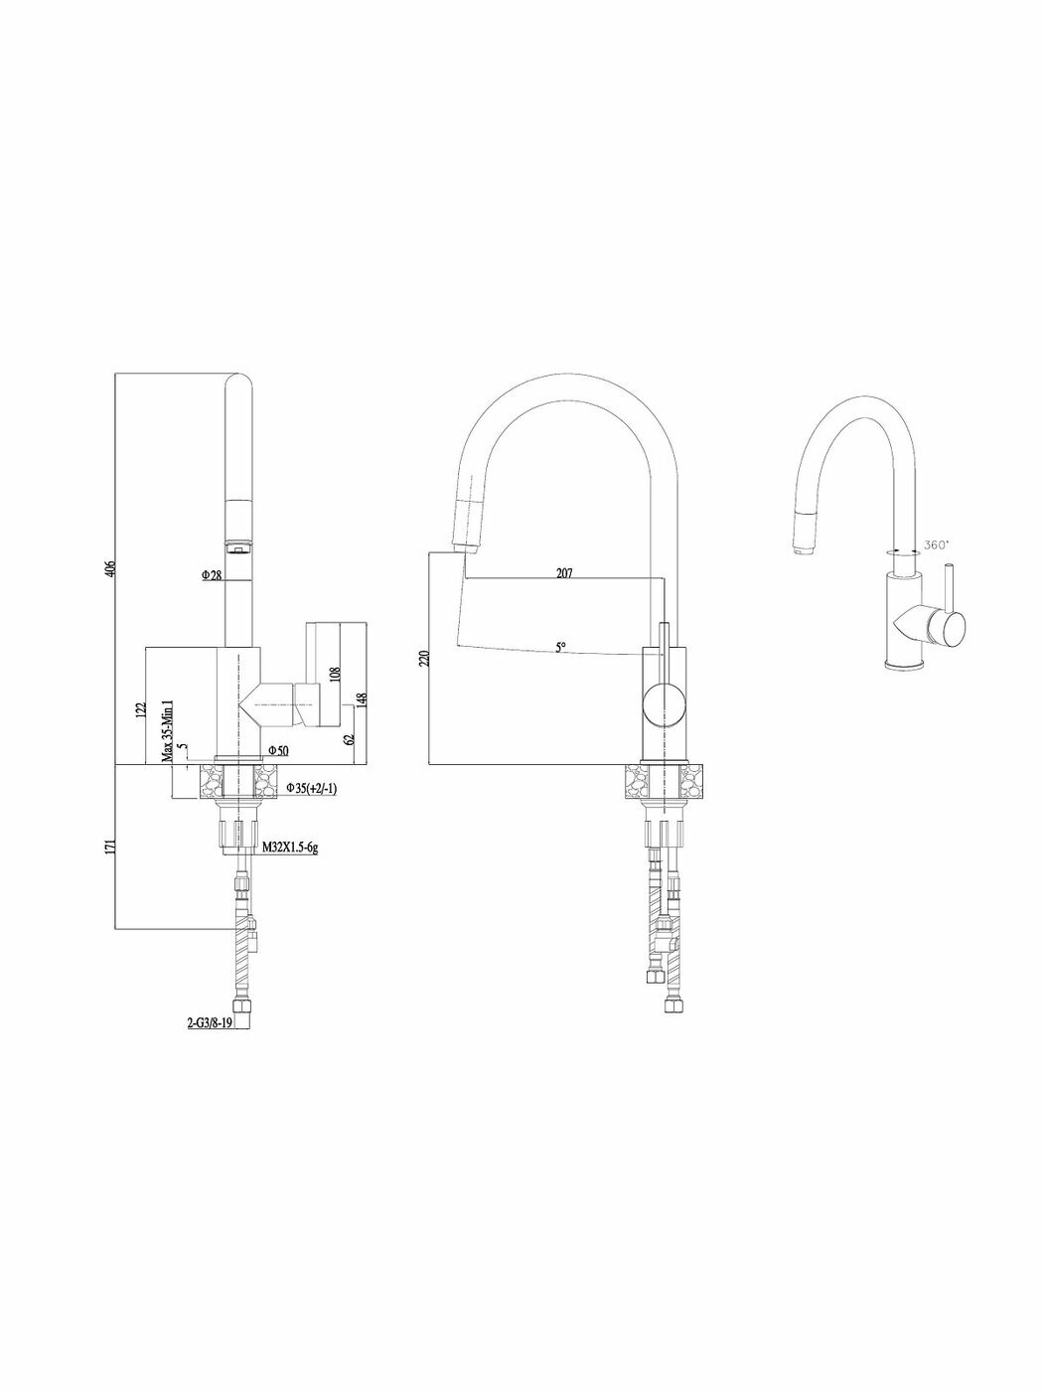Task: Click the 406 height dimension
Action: pos(111,568)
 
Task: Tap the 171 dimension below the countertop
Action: pos(111,846)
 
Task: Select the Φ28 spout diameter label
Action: pos(210,575)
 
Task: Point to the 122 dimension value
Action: pos(141,708)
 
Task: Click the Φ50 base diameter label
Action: pos(277,751)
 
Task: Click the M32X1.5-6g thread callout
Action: pos(290,848)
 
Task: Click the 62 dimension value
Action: pos(349,738)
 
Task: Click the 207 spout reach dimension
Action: pos(564,573)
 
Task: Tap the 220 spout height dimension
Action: pos(424,658)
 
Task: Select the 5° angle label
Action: pos(560,647)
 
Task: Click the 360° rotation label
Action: pos(937,544)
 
